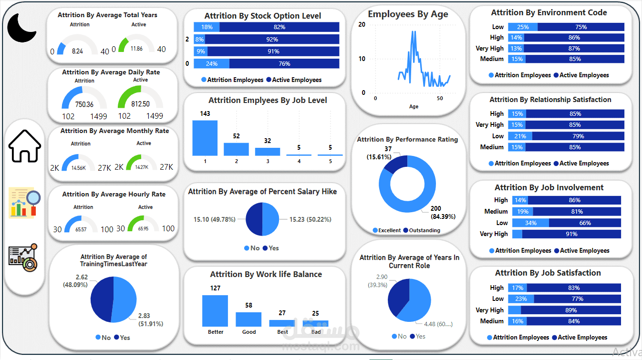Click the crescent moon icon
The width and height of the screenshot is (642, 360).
click(21, 28)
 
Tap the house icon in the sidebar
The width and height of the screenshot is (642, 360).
click(25, 146)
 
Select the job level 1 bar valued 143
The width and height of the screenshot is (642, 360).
click(205, 138)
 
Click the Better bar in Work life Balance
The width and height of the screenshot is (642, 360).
click(215, 310)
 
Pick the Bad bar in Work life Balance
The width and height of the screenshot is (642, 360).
click(315, 323)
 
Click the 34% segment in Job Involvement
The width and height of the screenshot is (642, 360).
click(530, 223)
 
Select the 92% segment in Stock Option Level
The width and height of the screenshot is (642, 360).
click(272, 39)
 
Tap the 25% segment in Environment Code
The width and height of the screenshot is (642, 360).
click(523, 27)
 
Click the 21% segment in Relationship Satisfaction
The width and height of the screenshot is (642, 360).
click(520, 136)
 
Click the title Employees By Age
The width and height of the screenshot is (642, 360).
click(408, 14)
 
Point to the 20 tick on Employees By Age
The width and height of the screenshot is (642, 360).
click(362, 25)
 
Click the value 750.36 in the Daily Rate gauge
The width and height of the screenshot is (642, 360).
click(84, 104)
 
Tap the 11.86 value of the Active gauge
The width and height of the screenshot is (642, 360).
click(136, 49)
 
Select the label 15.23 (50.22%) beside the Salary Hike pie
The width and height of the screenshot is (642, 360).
click(310, 219)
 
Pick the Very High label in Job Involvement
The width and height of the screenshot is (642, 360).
click(494, 234)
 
